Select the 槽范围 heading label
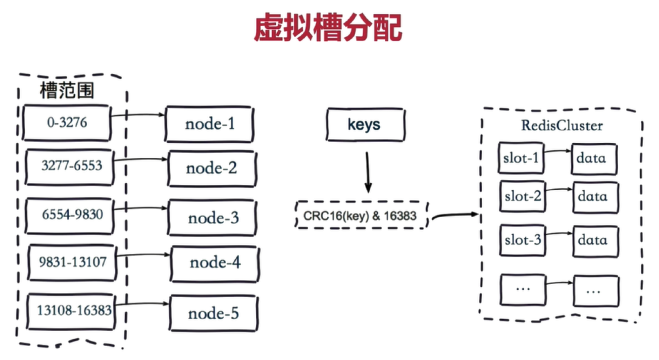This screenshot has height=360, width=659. tap(67, 90)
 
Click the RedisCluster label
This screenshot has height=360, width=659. tap(562, 125)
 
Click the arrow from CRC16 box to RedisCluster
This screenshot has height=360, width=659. tap(455, 215)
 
